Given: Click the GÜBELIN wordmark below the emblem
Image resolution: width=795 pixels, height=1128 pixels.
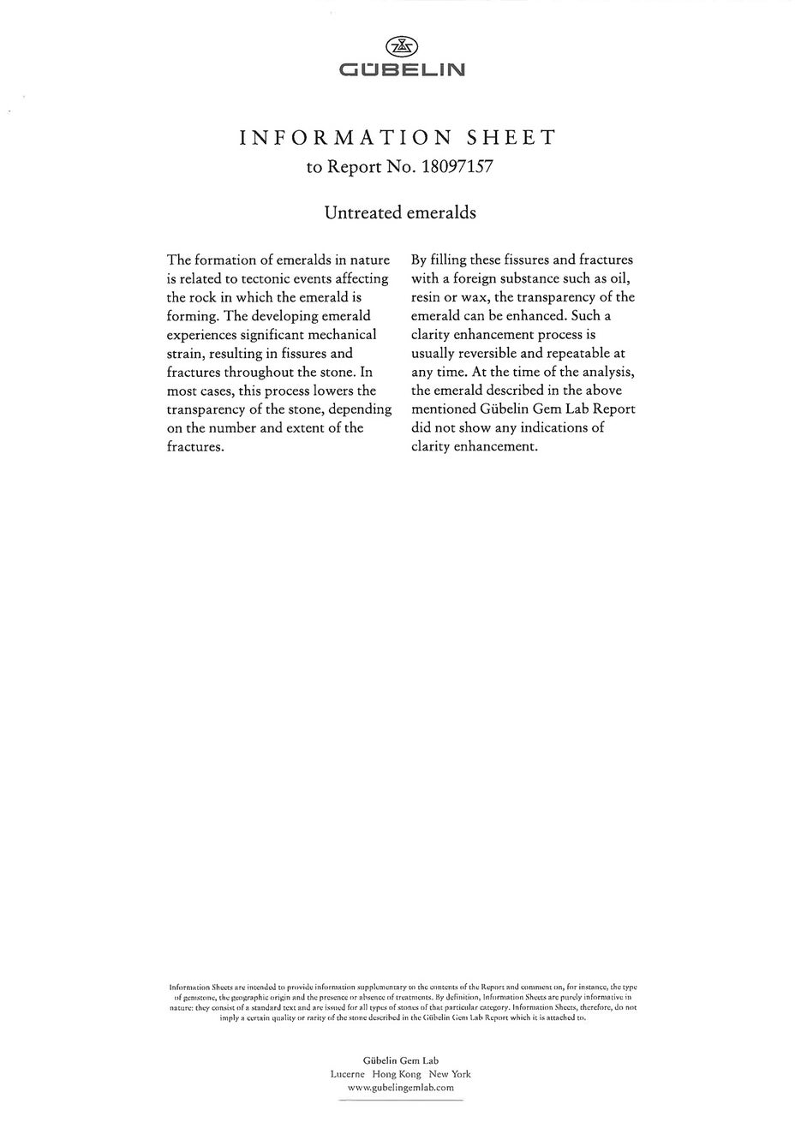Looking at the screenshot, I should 402,69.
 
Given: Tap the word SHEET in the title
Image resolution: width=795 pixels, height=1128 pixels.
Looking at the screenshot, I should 510,138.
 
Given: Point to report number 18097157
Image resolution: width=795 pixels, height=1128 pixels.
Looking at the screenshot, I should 457,167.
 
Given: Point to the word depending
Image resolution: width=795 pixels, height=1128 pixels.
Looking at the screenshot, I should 362,409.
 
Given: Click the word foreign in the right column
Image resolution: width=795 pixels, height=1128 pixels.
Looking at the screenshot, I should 474,278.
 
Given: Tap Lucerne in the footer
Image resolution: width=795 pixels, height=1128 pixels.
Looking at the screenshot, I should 347,1074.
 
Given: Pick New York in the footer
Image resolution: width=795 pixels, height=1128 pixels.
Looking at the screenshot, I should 450,1074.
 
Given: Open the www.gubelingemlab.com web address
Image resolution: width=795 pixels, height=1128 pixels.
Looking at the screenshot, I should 400,1087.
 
